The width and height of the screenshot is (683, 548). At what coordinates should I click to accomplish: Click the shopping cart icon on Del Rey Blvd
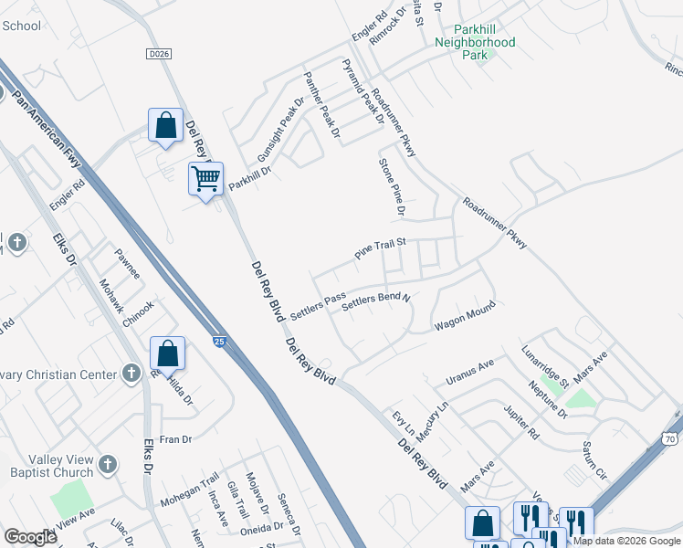click(x=205, y=177)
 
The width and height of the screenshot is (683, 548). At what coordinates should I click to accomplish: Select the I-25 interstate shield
click(x=218, y=342)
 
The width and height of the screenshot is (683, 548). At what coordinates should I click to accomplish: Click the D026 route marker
click(x=159, y=54)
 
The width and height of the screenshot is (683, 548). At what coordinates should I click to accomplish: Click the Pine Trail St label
click(x=380, y=248)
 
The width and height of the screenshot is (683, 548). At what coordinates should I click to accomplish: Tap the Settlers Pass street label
click(x=317, y=306)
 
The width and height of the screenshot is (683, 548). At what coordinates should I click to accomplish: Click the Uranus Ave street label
click(x=469, y=372)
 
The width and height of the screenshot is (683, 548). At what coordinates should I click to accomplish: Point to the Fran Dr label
click(x=173, y=439)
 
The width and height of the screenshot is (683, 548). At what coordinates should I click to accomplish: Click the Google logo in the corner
click(x=30, y=536)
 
